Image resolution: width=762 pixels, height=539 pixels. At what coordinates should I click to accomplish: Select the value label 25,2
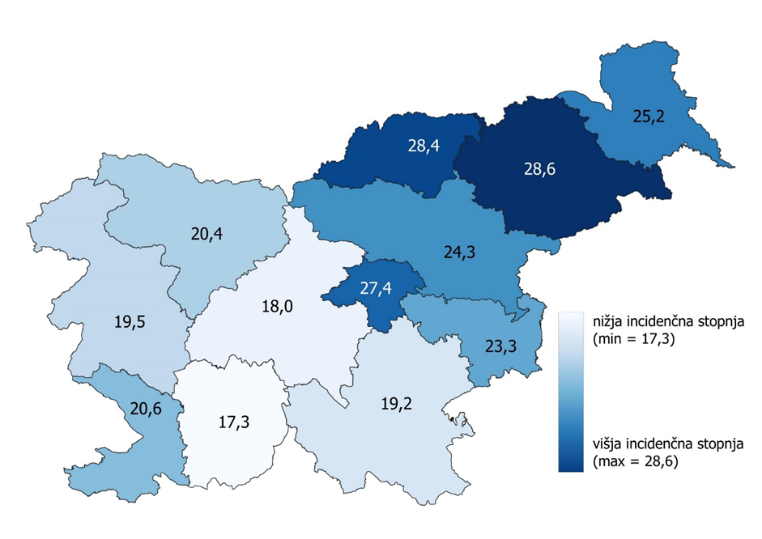click(x=648, y=117)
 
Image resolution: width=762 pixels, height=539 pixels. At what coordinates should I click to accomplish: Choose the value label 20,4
click(x=206, y=235)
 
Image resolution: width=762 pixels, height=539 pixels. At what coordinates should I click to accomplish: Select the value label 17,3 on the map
click(x=234, y=422)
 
